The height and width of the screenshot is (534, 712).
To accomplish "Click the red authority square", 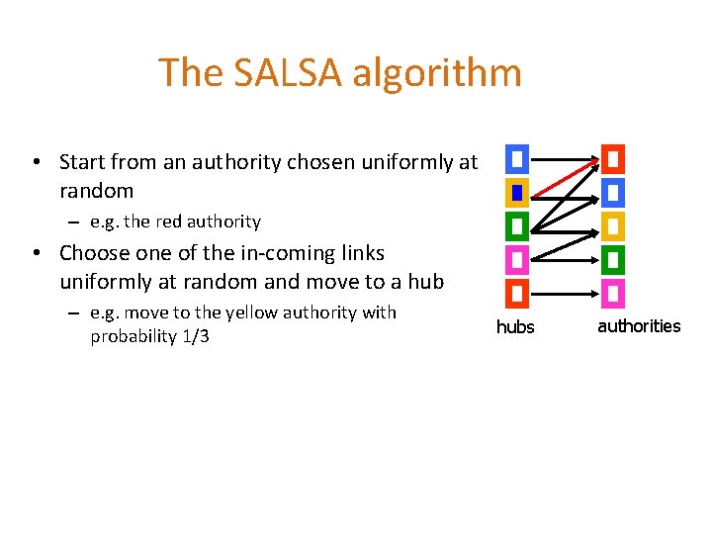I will [613, 158].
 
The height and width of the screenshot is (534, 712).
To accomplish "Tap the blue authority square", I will [613, 192].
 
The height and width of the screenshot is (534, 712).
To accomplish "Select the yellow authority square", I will [613, 226].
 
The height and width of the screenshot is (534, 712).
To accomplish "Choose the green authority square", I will [613, 260].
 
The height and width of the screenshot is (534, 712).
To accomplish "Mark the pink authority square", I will [613, 294].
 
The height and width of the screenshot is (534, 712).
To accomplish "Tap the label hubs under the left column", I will [515, 327].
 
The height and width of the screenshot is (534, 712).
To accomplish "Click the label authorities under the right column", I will [639, 326].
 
